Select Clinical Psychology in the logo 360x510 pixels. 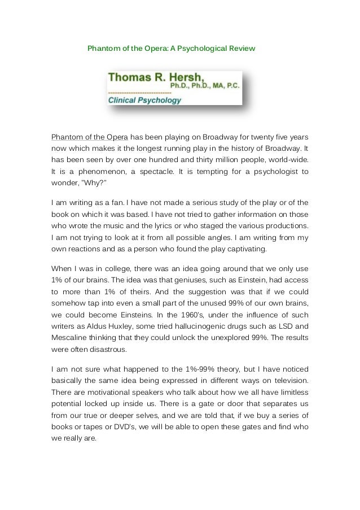(144, 101)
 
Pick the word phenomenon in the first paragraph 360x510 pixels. (103, 172)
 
